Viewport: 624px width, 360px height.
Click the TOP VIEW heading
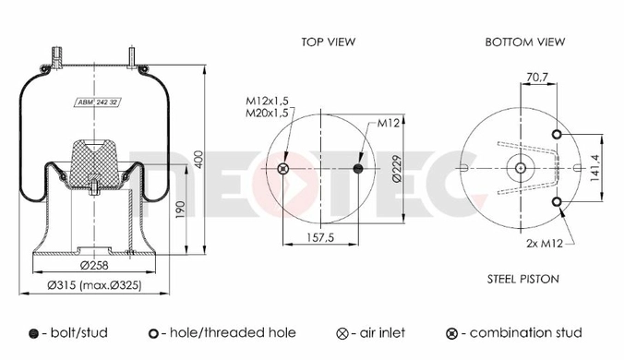(x=328, y=42)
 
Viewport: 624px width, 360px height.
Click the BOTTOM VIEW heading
(x=525, y=42)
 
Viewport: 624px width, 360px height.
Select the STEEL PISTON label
(x=522, y=279)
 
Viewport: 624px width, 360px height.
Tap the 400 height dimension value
(x=198, y=159)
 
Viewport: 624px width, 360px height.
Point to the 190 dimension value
(x=180, y=210)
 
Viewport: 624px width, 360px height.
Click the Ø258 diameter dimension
(x=94, y=265)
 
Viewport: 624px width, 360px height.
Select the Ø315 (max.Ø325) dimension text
(x=94, y=285)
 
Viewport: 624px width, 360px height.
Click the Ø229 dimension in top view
(x=397, y=169)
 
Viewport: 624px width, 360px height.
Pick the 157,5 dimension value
(x=320, y=237)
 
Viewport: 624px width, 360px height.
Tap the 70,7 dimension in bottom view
(x=537, y=78)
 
